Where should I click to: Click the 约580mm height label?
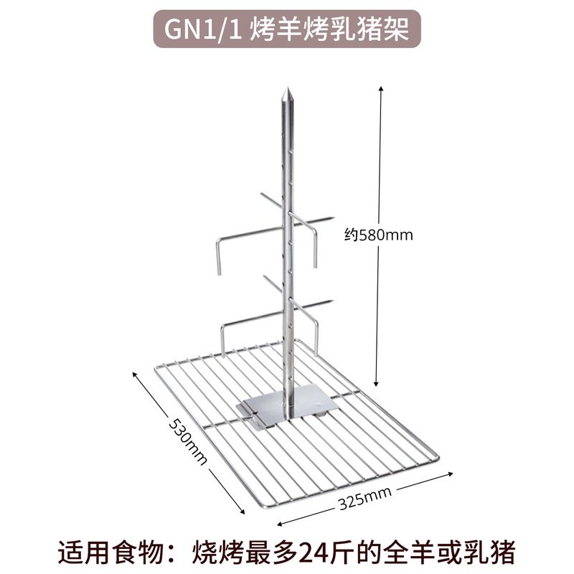pos(379,235)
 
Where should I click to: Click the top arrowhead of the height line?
pos(381,87)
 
